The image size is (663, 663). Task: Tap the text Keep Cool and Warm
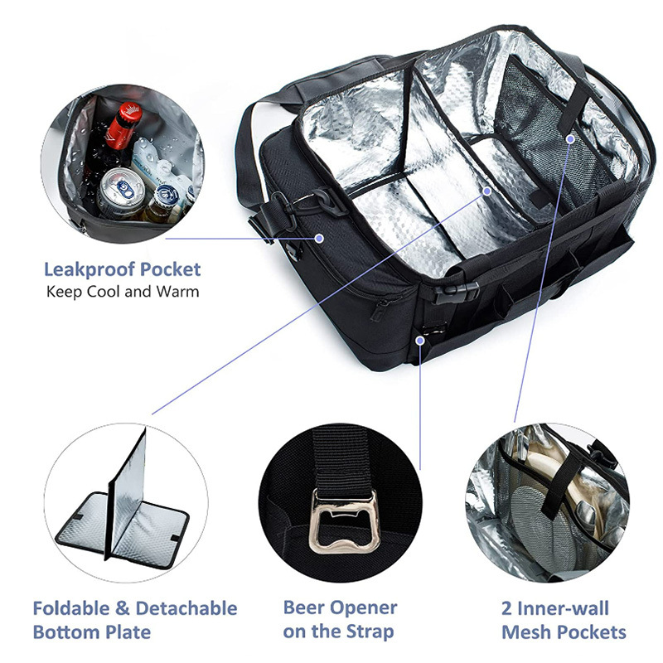coord(123,292)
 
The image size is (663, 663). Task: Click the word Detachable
coord(186,609)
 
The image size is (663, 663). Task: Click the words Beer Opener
coord(340,607)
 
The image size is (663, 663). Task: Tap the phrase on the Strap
coord(338,632)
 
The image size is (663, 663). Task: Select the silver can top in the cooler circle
coord(120,186)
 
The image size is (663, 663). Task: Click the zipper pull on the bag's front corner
coord(380,310)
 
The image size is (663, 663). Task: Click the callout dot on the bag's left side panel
coord(320,238)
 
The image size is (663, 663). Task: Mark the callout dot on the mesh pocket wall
coord(570,139)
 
